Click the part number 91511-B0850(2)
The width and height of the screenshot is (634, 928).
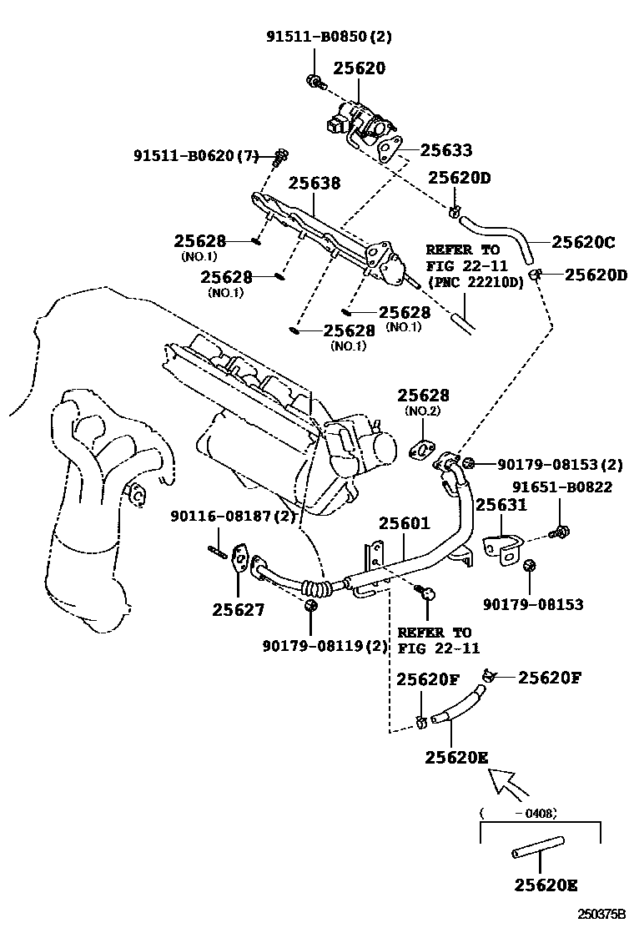tap(329, 37)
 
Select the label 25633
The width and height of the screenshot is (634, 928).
tap(445, 150)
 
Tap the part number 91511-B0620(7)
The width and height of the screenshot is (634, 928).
tap(197, 155)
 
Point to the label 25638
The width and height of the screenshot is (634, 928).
tap(314, 182)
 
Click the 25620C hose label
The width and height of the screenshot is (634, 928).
tap(583, 243)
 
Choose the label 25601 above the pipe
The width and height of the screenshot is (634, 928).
tap(405, 524)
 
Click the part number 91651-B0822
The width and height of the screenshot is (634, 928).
tap(561, 487)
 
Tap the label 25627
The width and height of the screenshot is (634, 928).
tap(238, 610)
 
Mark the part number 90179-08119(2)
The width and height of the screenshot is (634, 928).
tap(314, 645)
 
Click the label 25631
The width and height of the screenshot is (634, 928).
tap(501, 505)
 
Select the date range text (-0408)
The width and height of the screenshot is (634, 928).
tap(519, 812)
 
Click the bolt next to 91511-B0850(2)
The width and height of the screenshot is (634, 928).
tap(315, 81)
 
